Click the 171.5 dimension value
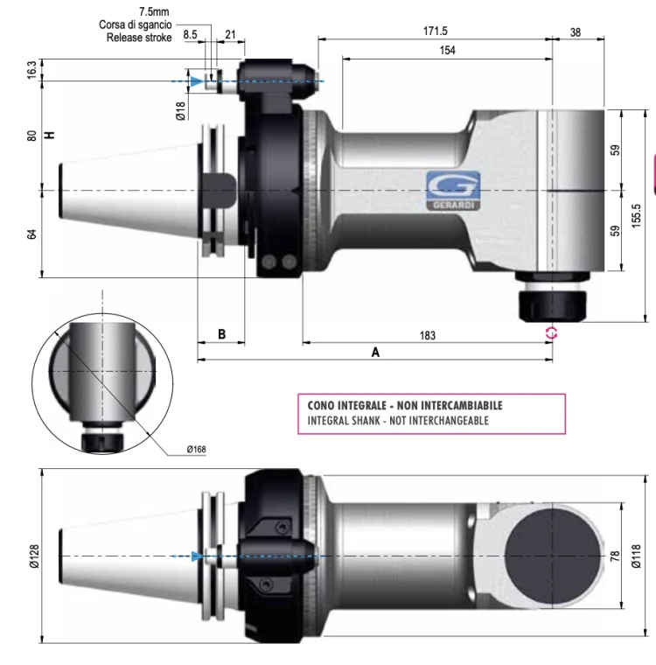[x=435, y=31]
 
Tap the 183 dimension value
[x=427, y=335]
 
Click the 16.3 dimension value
[x=32, y=70]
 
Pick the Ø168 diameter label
[x=198, y=450]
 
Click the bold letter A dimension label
[x=375, y=352]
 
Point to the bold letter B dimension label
[x=221, y=335]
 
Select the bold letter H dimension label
[x=50, y=135]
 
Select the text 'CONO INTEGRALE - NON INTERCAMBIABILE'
[x=405, y=406]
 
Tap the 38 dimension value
[x=575, y=31]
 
